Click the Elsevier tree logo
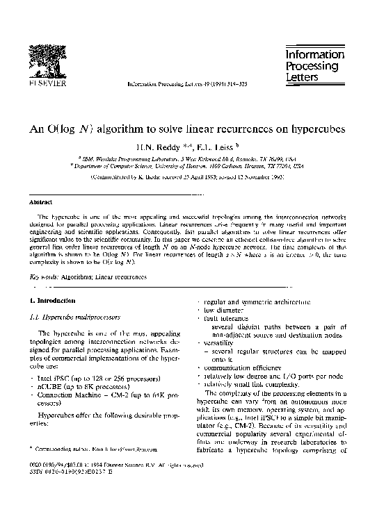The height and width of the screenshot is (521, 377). (47, 58)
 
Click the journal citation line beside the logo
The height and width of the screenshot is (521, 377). (178, 83)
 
